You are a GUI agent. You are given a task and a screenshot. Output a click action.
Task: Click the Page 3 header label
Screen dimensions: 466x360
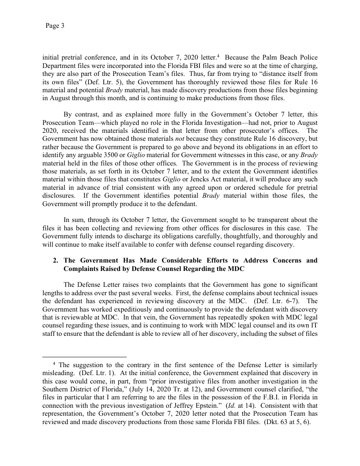[x=55, y=26]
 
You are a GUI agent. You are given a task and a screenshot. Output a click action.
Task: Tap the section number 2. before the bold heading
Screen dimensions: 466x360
[x=56, y=260]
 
